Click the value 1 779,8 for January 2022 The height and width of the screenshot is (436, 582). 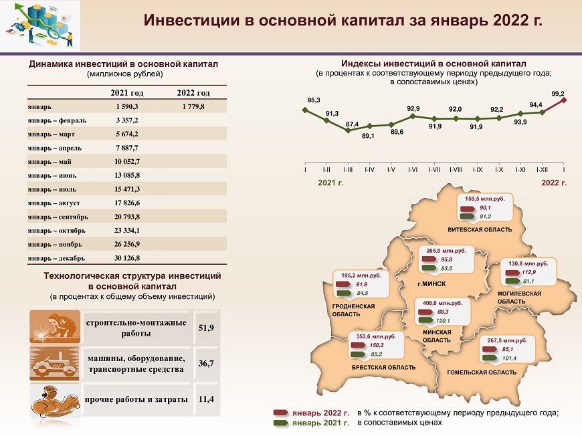pos(193,106)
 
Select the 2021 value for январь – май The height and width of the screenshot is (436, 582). pos(127,161)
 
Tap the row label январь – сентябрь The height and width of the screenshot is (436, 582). pos(58,217)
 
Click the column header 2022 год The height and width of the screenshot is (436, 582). pos(193,92)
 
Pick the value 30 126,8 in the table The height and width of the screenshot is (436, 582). pos(127,258)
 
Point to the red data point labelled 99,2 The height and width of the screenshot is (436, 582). pos(564,100)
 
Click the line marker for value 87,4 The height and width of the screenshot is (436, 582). pos(348,130)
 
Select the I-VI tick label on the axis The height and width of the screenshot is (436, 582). pos(413,170)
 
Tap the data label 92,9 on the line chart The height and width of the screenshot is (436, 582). pos(413,109)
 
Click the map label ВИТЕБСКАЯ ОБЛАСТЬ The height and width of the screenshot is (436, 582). pos(480,229)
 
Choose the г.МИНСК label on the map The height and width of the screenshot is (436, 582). pos(431,284)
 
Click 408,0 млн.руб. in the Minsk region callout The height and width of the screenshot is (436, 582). pos(442,303)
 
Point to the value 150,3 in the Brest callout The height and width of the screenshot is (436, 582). pos(377,345)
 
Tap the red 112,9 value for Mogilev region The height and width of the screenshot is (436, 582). pos(528,272)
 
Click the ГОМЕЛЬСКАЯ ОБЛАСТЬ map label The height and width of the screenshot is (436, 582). pos(482,372)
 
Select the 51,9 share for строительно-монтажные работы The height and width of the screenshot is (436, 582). pos(206,328)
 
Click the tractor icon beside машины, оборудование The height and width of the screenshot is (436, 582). pos(55,363)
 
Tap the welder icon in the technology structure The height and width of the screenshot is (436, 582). pos(55,326)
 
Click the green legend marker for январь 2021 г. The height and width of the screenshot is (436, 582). pos(280,423)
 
